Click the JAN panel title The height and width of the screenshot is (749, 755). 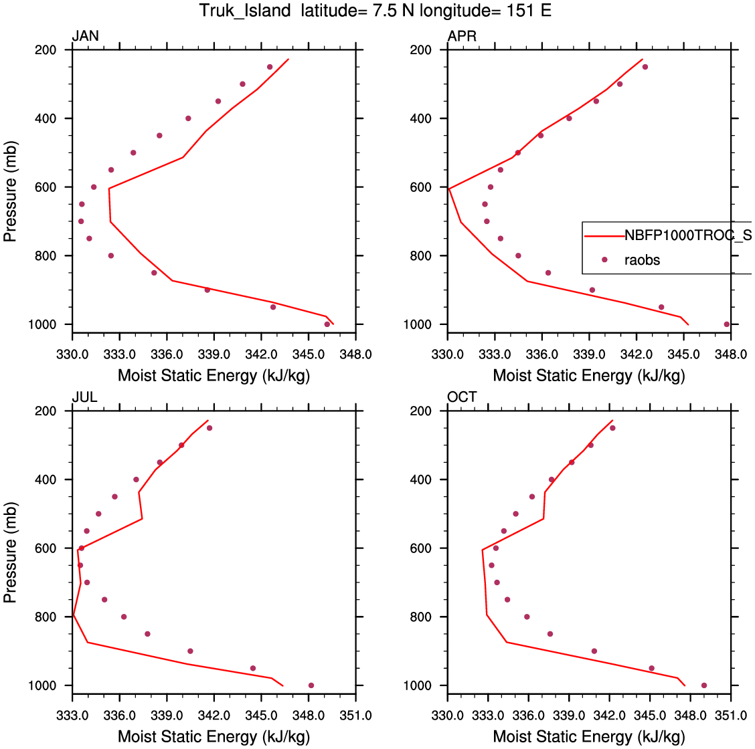pyautogui.click(x=85, y=36)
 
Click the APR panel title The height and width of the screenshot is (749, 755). pyautogui.click(x=462, y=36)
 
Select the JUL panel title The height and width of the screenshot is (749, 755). pyautogui.click(x=84, y=397)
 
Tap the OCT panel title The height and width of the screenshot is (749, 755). pyautogui.click(x=462, y=397)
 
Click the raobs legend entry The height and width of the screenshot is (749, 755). pyautogui.click(x=642, y=259)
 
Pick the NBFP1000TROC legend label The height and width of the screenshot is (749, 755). pyautogui.click(x=687, y=235)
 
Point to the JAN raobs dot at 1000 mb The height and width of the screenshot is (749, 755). pyautogui.click(x=327, y=324)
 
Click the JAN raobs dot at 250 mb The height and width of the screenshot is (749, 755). pyautogui.click(x=270, y=67)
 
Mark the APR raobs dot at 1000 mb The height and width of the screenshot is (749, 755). pyautogui.click(x=727, y=324)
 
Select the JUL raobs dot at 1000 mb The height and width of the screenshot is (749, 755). pyautogui.click(x=311, y=685)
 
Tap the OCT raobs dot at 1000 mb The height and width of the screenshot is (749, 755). pyautogui.click(x=704, y=685)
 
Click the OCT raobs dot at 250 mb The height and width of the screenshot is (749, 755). pyautogui.click(x=612, y=428)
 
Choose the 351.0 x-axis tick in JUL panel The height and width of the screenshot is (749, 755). pyautogui.click(x=355, y=716)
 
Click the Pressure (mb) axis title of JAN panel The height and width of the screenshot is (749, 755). pyautogui.click(x=10, y=191)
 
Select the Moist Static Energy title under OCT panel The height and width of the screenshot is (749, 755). pyautogui.click(x=589, y=737)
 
